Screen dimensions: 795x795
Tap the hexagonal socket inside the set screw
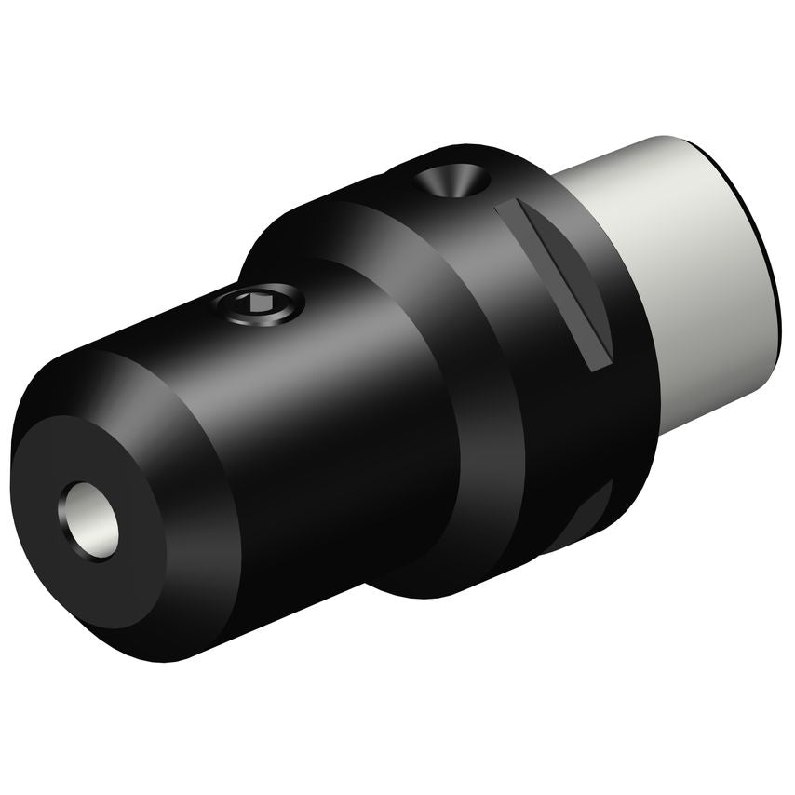pos(252,301)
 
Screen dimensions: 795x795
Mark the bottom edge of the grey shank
pos(717,410)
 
